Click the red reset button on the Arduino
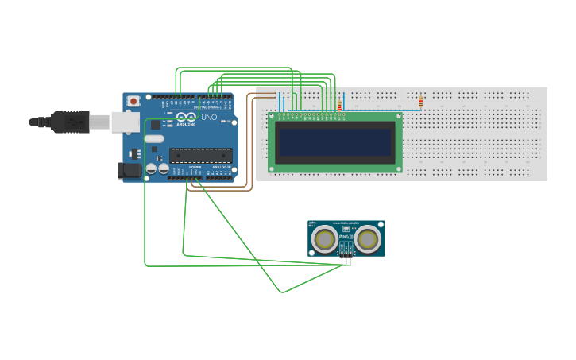point(133,101)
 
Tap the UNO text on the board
point(209,118)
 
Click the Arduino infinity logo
point(186,117)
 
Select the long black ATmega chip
point(201,155)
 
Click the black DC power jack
point(129,170)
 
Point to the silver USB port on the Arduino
point(124,122)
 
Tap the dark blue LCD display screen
point(334,143)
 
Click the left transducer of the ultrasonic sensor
point(324,238)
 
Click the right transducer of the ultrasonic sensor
point(368,238)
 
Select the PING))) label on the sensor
point(346,237)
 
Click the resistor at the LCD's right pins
point(340,105)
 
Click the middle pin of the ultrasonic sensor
point(346,261)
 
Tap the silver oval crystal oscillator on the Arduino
point(154,139)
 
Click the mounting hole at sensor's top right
point(380,226)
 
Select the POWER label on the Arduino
point(195,168)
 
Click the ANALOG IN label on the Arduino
point(220,168)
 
